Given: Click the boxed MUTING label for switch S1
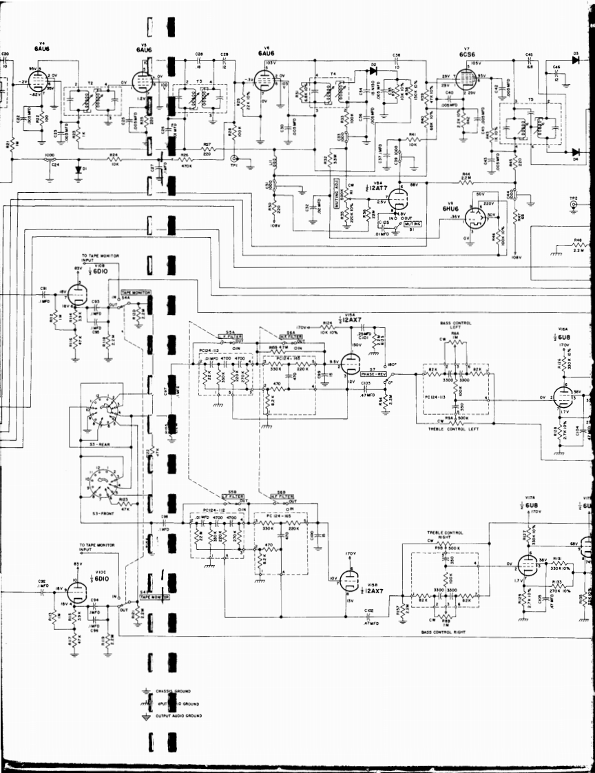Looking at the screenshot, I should (413, 224).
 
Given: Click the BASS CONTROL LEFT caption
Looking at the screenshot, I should (455, 326).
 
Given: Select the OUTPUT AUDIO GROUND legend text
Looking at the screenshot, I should (181, 716).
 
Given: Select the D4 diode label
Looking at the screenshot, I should (575, 161).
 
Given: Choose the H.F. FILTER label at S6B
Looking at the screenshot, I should (282, 496).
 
